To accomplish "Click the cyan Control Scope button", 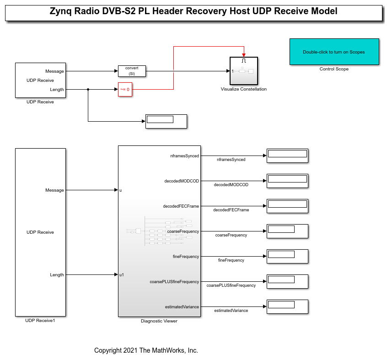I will [334, 52].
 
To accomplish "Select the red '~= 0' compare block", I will [125, 90].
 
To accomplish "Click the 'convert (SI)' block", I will [132, 71].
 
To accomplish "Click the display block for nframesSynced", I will [287, 156].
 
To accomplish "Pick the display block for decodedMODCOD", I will [287, 181].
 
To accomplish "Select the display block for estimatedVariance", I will [287, 306].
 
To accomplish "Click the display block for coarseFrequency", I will [287, 231].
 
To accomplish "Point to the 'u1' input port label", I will [122, 275].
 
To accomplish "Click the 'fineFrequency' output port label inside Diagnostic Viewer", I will [186, 257].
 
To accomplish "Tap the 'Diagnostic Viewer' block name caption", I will [159, 321].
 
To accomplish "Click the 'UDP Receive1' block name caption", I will [40, 321].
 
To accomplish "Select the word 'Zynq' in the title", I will [61, 11].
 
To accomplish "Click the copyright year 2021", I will [130, 350].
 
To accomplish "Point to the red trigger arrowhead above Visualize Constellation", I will [244, 55].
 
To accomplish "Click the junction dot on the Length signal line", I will [88, 90].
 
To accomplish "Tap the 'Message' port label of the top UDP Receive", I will [54, 71].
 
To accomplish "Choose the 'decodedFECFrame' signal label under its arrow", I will [231, 210].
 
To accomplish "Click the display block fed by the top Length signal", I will [166, 121].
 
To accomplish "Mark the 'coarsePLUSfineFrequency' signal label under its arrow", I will [231, 285].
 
